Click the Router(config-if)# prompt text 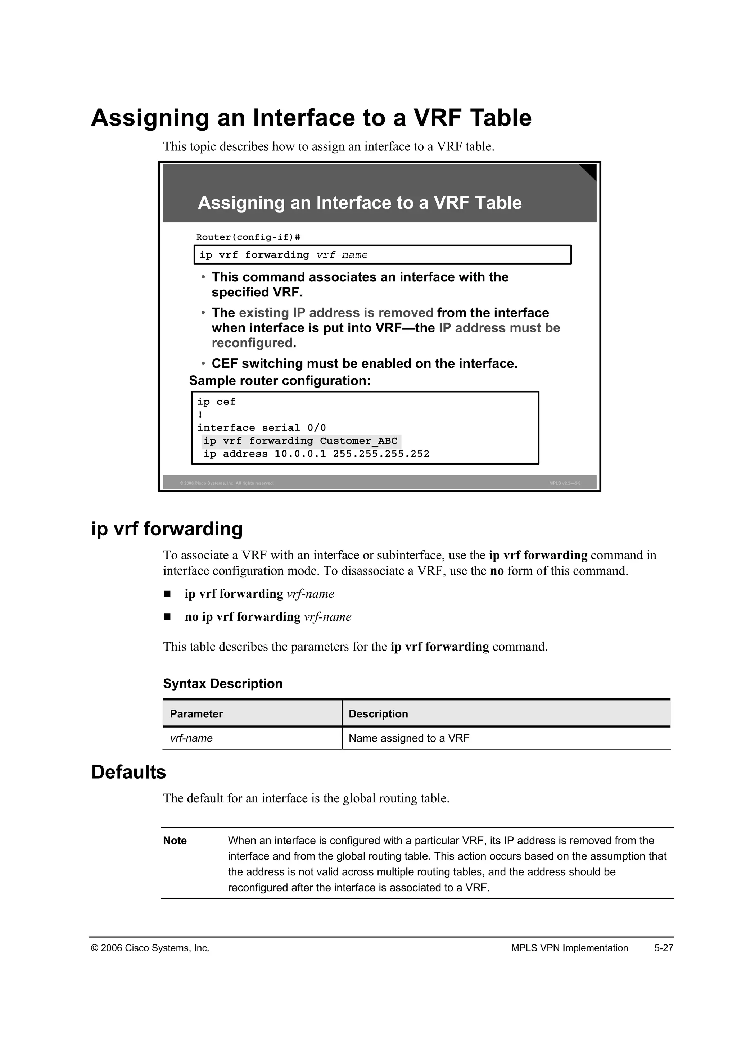point(248,237)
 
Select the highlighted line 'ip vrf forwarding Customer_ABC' point(300,441)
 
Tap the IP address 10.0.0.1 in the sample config point(300,454)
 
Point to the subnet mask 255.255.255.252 point(381,454)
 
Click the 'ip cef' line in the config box point(216,402)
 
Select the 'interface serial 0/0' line point(261,427)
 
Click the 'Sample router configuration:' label point(280,380)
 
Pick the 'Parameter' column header point(196,714)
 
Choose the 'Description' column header point(378,714)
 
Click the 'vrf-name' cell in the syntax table point(191,738)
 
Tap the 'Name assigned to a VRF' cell point(408,738)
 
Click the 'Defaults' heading point(128,772)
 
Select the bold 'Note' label point(175,841)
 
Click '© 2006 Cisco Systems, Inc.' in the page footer point(150,948)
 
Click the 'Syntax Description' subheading point(222,684)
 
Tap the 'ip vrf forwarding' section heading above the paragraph point(167,529)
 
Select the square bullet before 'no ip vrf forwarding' point(167,617)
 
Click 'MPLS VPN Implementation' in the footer point(569,948)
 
